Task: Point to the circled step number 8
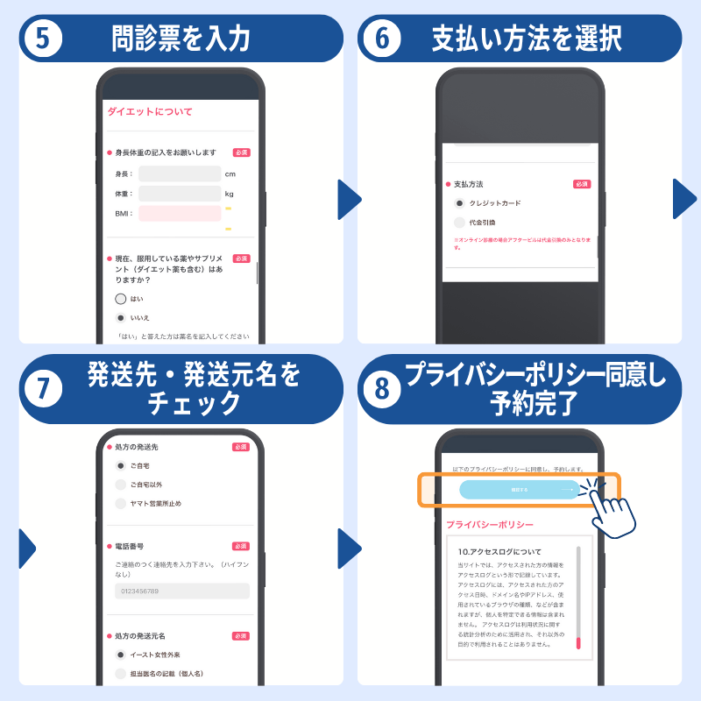(382, 389)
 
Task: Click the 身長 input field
(179, 173)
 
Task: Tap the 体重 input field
(179, 194)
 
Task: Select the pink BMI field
(179, 213)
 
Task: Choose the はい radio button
(121, 299)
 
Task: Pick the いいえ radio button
(121, 317)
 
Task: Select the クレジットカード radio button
(459, 203)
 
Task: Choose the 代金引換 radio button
(459, 223)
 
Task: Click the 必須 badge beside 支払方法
(582, 184)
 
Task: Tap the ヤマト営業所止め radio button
(121, 503)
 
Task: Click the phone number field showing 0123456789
(182, 591)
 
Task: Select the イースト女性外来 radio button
(121, 655)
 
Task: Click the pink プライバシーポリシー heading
(489, 525)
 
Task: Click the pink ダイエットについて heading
(150, 111)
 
